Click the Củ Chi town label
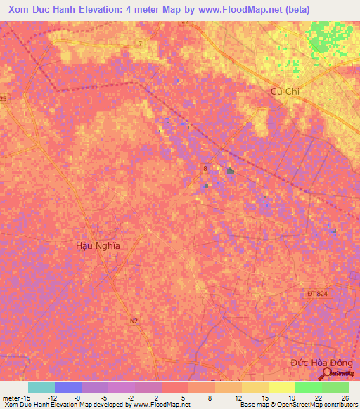coord(285,92)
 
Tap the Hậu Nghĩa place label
coord(98,246)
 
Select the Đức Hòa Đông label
coord(321,363)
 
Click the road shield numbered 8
coord(205,169)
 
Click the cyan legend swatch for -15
coord(41,387)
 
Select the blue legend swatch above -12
coord(67,387)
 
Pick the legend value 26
coord(345,397)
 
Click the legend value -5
coord(104,397)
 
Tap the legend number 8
coord(211,397)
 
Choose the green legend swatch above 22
coord(308,387)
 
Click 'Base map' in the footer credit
coord(253,405)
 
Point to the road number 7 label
coord(140,44)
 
